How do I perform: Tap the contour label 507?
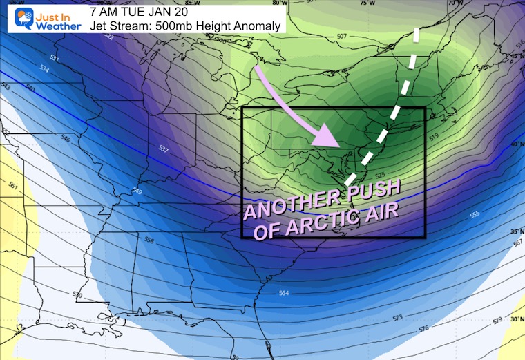click(341, 35)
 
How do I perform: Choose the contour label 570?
click(77, 295)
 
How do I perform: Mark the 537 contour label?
click(163, 149)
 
